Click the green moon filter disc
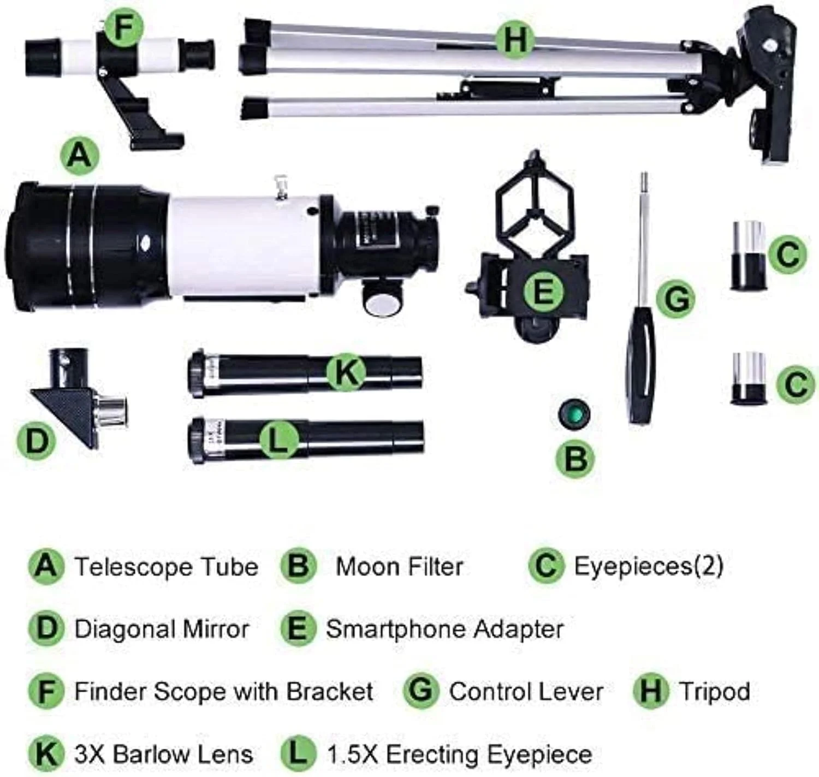click(x=574, y=414)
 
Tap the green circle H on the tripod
click(x=515, y=40)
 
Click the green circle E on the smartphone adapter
click(x=543, y=291)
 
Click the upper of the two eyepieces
click(x=749, y=255)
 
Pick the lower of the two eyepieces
click(x=749, y=378)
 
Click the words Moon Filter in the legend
click(x=399, y=567)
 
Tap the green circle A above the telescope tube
click(x=80, y=157)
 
